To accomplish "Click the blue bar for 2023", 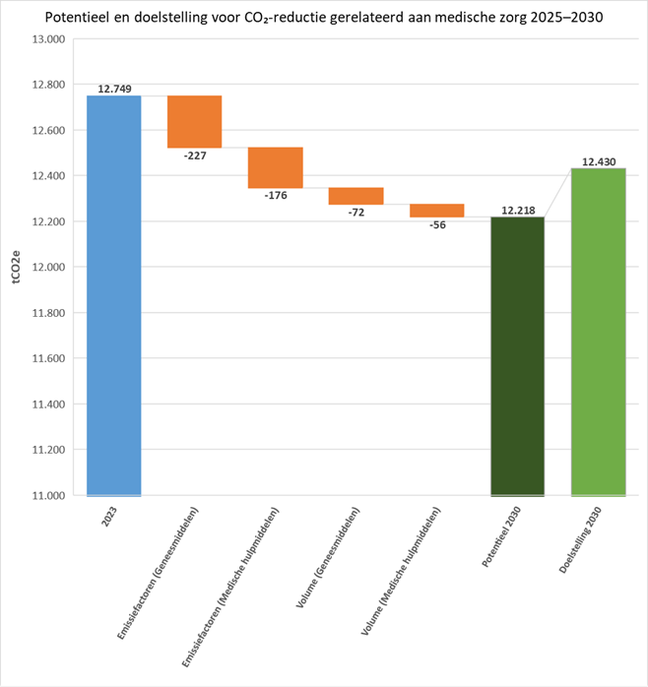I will click(114, 295).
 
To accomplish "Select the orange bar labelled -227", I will click(194, 121).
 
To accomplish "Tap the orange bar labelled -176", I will click(275, 167).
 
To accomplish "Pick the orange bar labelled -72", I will click(356, 196).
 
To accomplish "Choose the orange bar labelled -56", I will click(436, 210).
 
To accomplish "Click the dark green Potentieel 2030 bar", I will click(517, 355).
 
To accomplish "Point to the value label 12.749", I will click(114, 89).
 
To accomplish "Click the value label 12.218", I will click(517, 209).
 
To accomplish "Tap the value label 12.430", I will click(598, 160).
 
